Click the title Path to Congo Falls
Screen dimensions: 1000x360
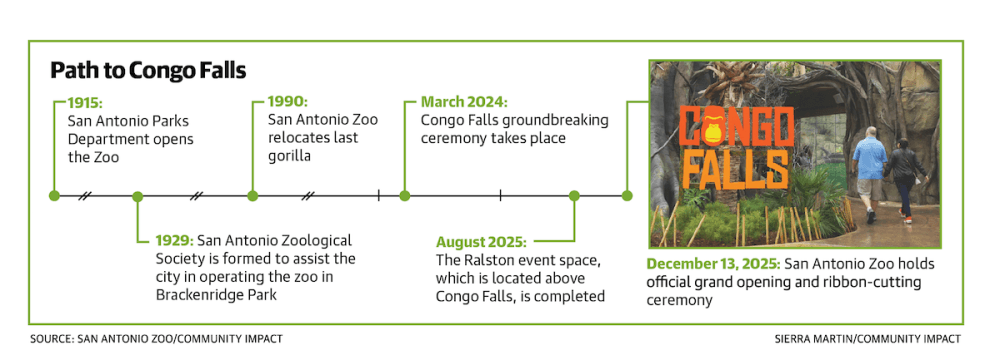tap(148, 71)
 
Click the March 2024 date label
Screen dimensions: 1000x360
tap(464, 102)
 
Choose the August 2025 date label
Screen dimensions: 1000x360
tap(482, 243)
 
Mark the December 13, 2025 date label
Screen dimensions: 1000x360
tap(713, 264)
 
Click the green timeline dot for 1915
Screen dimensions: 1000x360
tap(55, 196)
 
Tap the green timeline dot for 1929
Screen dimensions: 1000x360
tap(137, 196)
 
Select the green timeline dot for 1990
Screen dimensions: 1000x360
tap(253, 196)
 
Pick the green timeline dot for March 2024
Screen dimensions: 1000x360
tap(404, 196)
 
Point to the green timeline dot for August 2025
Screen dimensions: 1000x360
tap(574, 196)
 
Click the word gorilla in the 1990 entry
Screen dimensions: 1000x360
tap(289, 156)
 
